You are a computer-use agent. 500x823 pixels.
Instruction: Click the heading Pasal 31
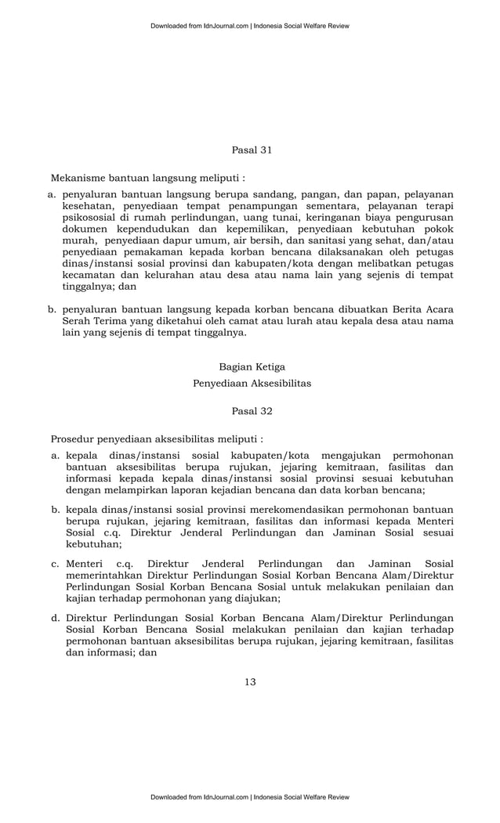[252, 149]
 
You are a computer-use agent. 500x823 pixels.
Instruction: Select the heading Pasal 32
[252, 410]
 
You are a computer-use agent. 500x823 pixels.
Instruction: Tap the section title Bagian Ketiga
[252, 366]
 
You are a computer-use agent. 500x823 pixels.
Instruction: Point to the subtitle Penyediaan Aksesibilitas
[252, 384]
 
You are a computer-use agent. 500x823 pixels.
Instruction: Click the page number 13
[250, 682]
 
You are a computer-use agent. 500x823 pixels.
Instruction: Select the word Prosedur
[74, 439]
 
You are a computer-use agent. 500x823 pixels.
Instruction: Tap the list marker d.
[56, 617]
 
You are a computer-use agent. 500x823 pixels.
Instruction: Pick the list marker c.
[56, 563]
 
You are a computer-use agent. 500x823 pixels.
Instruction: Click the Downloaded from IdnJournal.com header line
[250, 26]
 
